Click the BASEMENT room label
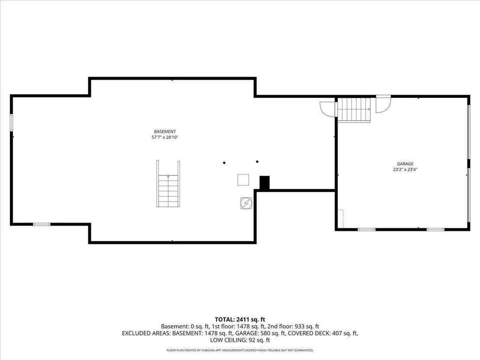165,132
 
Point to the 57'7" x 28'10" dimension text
165,137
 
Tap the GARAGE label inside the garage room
405,164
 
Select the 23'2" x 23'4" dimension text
405,169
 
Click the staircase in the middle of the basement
168,184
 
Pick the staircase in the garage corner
354,110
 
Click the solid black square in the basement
265,183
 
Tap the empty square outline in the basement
243,180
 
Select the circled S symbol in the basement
246,203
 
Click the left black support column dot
224,163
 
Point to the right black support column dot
257,162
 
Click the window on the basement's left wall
11,123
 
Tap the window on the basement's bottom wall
42,224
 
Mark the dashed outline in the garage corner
341,219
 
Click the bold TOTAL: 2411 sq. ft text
240,320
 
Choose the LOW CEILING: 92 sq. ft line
240,340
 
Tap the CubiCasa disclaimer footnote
240,350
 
